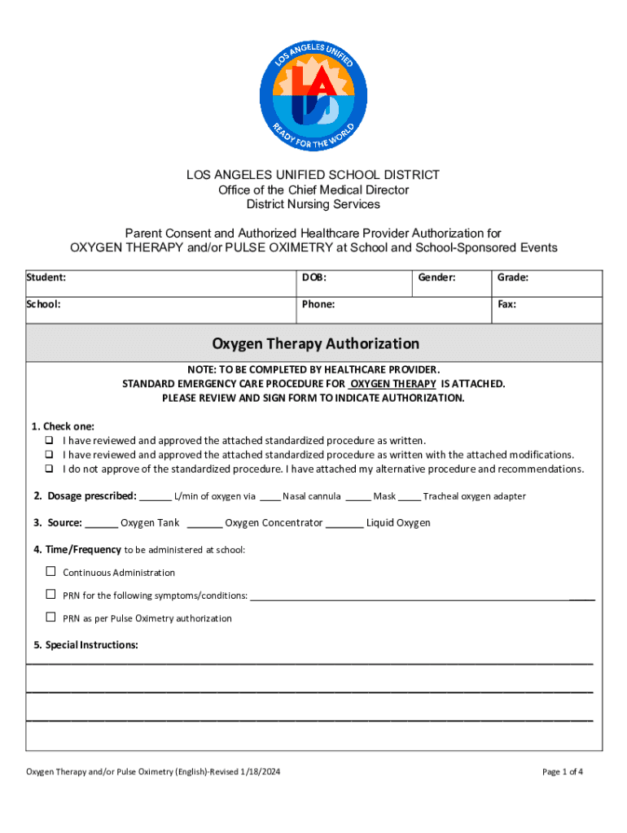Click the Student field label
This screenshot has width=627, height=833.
coord(46,277)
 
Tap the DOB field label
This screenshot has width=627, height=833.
coord(314,277)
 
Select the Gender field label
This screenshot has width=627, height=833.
coord(436,277)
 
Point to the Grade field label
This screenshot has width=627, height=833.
coord(513,277)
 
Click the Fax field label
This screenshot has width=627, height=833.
coord(506,304)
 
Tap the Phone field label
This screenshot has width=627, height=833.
coord(318,304)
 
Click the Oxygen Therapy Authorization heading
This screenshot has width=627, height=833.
coord(315,343)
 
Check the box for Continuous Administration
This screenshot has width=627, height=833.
coord(50,572)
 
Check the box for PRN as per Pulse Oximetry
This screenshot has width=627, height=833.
coord(50,617)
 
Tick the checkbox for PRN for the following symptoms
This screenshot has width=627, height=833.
coord(50,595)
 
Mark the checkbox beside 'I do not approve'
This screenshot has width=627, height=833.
coord(50,469)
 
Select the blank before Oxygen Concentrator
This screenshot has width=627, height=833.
coord(209,524)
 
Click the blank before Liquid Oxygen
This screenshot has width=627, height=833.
coord(349,524)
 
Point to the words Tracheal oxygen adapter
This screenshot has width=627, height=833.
coord(474,496)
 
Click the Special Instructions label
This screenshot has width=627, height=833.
coord(85,645)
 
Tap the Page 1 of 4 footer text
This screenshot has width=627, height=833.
coord(562,771)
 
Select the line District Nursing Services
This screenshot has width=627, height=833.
coord(313,204)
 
